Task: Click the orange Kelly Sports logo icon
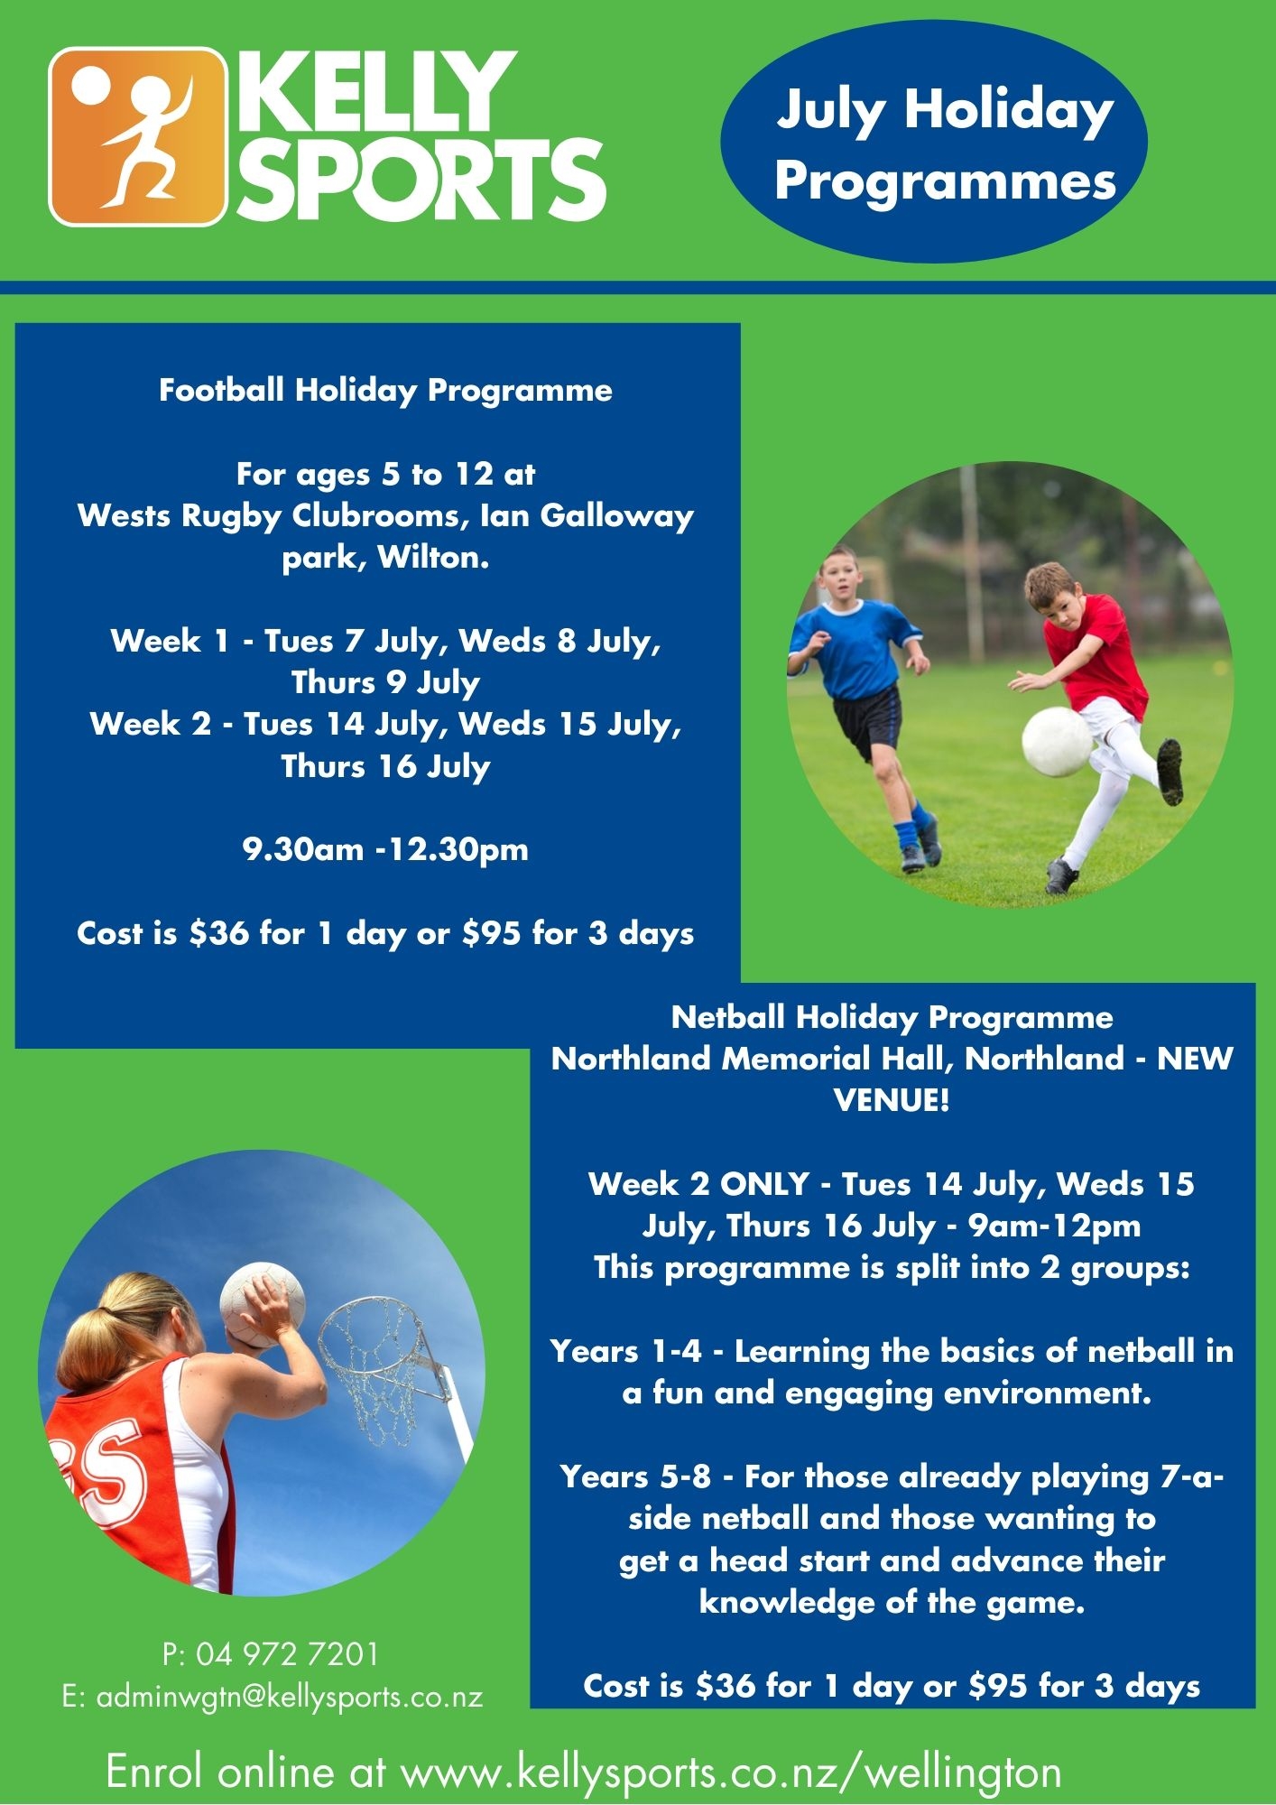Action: [x=137, y=136]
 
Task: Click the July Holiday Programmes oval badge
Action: [x=934, y=142]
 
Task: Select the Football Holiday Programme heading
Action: [x=385, y=390]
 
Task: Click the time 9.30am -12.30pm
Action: [x=385, y=849]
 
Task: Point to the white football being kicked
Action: [x=1058, y=742]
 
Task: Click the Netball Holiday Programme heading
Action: [x=892, y=1017]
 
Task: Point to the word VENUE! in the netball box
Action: [x=892, y=1100]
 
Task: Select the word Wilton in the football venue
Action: [x=433, y=557]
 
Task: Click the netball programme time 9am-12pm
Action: [x=1054, y=1226]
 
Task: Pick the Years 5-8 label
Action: [x=635, y=1476]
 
